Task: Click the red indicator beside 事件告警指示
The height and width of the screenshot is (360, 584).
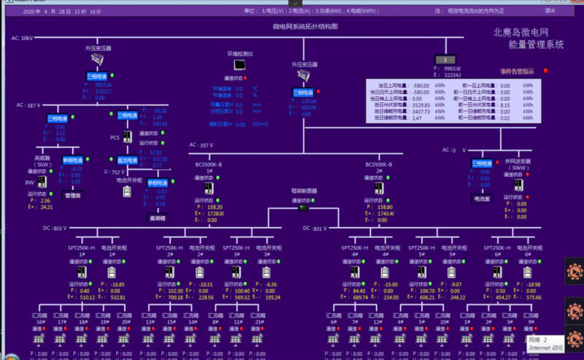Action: (545, 71)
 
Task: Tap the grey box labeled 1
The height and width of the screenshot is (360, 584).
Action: (445, 59)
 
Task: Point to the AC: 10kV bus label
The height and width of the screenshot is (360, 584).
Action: (22, 38)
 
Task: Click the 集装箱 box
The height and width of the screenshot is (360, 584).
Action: (156, 218)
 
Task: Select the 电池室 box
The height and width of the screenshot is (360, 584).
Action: (481, 198)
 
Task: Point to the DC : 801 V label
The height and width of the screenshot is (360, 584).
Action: (315, 229)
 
